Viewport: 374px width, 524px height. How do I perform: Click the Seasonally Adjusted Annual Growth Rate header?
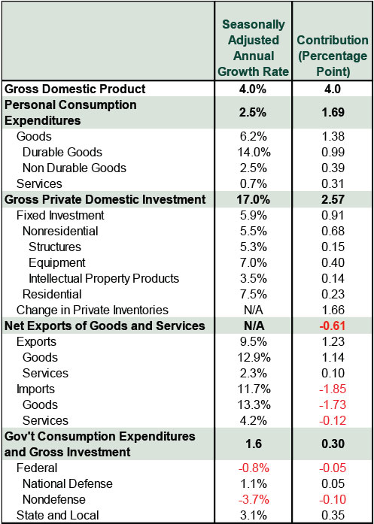click(254, 48)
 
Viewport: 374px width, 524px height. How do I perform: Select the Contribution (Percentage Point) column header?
click(333, 56)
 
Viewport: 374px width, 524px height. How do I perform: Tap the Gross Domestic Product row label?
click(76, 89)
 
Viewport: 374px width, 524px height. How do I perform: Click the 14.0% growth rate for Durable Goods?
click(254, 152)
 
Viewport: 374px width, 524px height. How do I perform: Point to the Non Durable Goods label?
click(74, 168)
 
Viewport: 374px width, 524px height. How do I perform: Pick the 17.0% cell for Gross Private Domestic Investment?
click(254, 199)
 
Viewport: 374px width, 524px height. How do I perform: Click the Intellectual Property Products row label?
click(104, 278)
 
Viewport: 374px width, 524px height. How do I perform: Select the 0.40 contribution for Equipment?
click(333, 262)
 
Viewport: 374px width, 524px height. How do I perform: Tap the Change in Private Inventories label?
click(93, 310)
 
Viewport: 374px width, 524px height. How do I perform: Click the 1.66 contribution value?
click(333, 310)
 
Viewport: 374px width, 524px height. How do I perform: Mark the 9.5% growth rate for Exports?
click(254, 341)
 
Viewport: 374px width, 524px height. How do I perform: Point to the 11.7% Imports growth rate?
click(254, 389)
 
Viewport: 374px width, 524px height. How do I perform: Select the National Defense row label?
click(68, 483)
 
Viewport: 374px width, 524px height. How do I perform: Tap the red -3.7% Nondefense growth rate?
click(254, 499)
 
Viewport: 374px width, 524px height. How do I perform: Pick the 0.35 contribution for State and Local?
click(333, 515)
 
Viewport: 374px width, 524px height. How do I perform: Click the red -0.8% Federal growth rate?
click(254, 468)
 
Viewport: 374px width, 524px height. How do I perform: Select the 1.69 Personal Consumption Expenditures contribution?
click(333, 113)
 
